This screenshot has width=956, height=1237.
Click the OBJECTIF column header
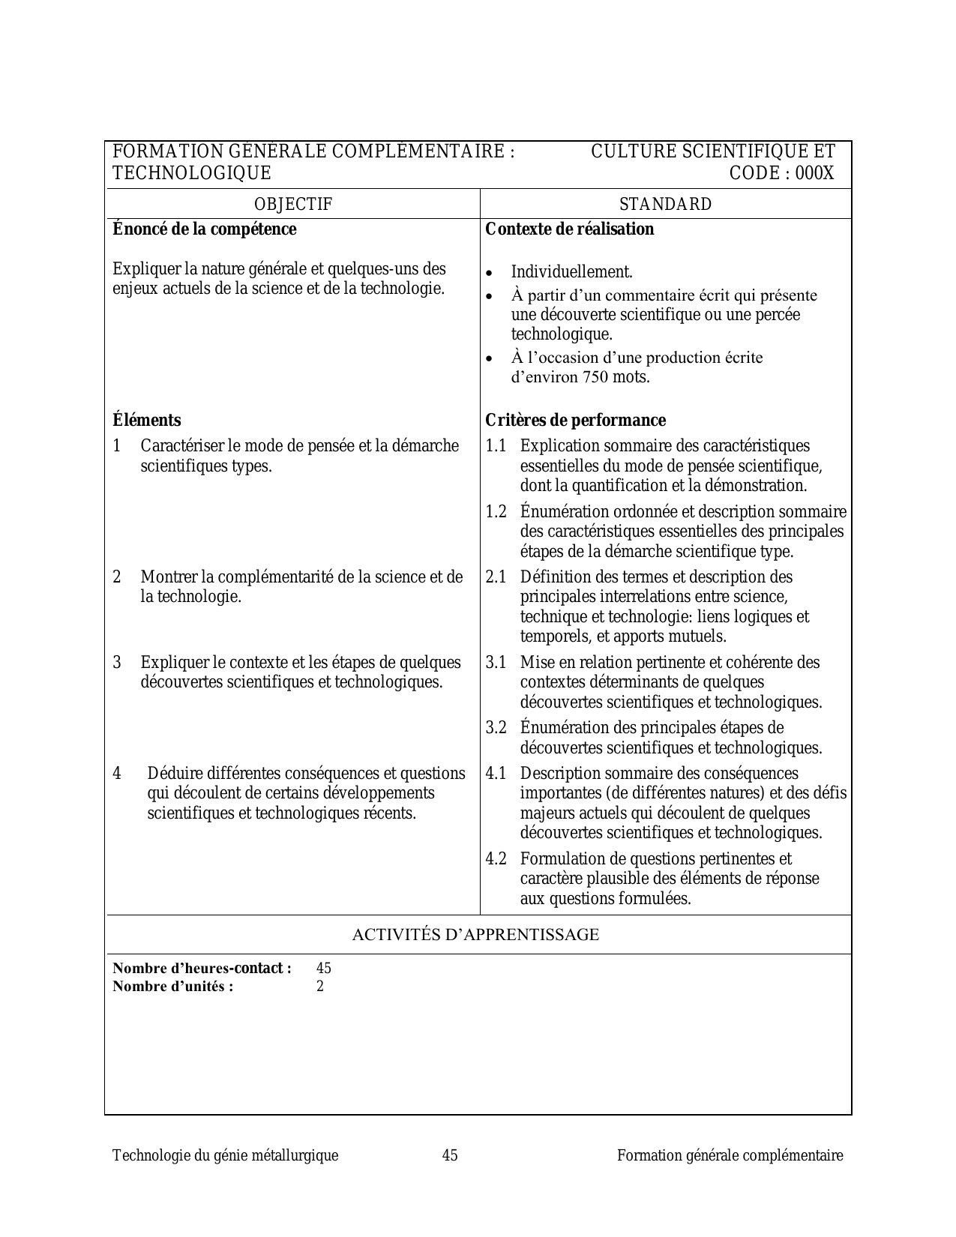pos(292,204)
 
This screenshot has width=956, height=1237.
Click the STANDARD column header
pos(665,204)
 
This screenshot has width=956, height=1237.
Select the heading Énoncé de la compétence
pos(204,229)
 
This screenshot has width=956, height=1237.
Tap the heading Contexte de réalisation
pos(570,229)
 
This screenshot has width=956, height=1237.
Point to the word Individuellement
pos(571,272)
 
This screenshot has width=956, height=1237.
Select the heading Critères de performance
pos(575,420)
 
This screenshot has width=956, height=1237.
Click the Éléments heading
pos(146,420)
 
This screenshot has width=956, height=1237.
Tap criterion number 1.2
pos(496,512)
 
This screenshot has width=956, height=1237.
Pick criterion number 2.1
pos(496,577)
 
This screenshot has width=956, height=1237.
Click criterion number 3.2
pos(496,728)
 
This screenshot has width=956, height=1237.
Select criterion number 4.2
pos(496,859)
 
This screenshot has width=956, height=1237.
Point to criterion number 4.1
pos(496,774)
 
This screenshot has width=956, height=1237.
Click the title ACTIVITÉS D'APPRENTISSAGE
pos(475,935)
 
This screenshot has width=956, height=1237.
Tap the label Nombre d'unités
pos(172,987)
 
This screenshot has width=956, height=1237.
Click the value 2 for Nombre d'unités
pos(320,987)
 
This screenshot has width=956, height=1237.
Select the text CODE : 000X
pos(781,173)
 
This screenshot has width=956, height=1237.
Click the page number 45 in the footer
pos(450,1155)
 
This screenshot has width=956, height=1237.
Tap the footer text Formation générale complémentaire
pos(730,1155)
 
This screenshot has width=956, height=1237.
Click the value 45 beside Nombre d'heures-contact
pos(324,968)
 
